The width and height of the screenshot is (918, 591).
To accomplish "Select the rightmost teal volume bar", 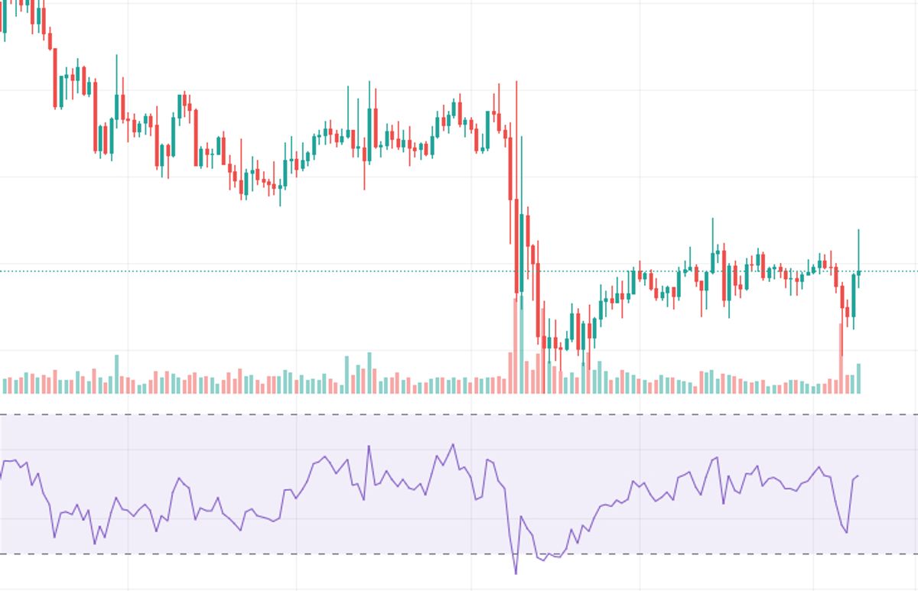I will click(858, 378).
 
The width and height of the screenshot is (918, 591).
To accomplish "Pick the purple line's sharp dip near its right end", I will click(846, 532).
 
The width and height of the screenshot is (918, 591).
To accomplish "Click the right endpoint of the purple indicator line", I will click(858, 476).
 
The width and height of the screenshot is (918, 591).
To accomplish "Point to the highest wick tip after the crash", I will click(712, 219).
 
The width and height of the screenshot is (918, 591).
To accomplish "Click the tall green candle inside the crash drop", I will click(522, 252).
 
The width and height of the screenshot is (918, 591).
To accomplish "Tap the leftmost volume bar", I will click(5, 385).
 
